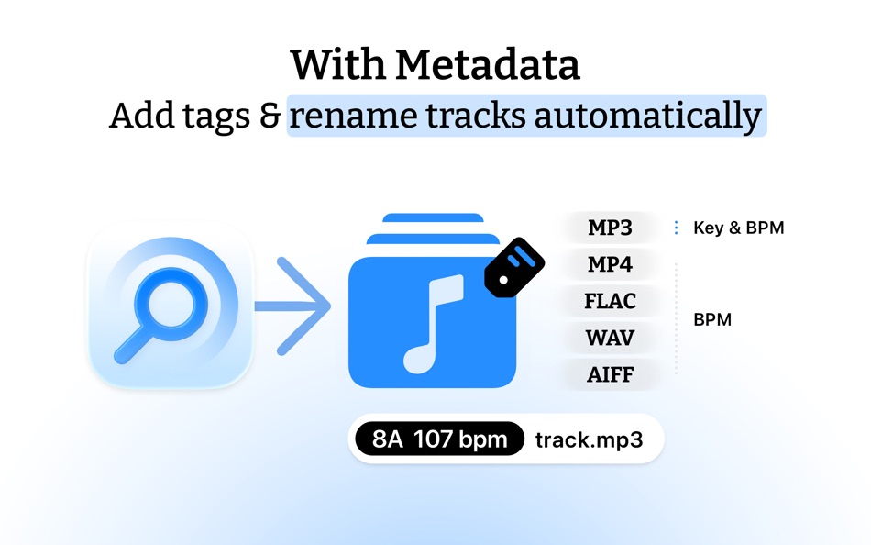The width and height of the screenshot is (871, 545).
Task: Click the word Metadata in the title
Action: (488, 65)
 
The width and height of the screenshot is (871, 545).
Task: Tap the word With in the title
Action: (338, 65)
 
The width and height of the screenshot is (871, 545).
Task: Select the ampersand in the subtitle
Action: (269, 117)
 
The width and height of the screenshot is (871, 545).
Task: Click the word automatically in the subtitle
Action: (647, 117)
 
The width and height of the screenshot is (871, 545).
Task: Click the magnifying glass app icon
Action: (170, 306)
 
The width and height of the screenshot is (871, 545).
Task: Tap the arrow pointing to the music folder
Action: (292, 306)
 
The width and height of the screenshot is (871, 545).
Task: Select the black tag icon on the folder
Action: (513, 267)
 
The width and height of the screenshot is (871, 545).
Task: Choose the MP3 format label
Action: (610, 228)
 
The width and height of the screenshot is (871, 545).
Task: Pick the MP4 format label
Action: (610, 265)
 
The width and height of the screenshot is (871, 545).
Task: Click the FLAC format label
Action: (610, 302)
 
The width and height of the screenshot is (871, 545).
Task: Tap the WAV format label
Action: (610, 339)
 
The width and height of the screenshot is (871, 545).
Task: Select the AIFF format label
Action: (610, 375)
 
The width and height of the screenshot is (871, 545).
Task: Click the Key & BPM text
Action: (738, 228)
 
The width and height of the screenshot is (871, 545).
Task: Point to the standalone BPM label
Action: (712, 321)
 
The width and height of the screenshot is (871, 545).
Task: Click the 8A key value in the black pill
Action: (388, 439)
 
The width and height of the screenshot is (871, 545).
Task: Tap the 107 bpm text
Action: (460, 439)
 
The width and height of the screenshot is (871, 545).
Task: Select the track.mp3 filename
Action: (589, 439)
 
